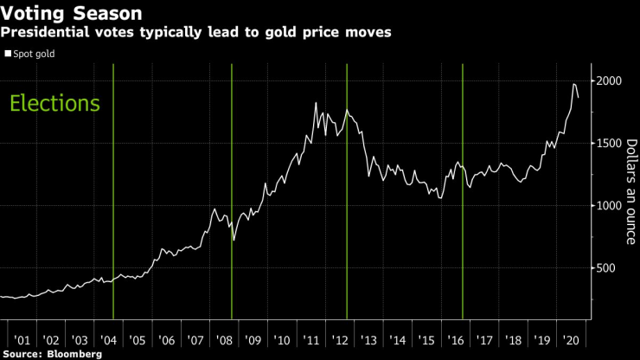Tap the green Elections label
pos(54,104)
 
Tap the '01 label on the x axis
pos(22,340)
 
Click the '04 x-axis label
pos(109,340)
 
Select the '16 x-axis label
pos(457,340)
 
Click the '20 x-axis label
pos(572,340)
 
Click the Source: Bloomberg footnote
pos(51,354)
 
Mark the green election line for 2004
pos(113,190)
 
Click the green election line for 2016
pos(463,190)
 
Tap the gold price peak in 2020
pos(574,84)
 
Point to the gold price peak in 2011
pos(316,103)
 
